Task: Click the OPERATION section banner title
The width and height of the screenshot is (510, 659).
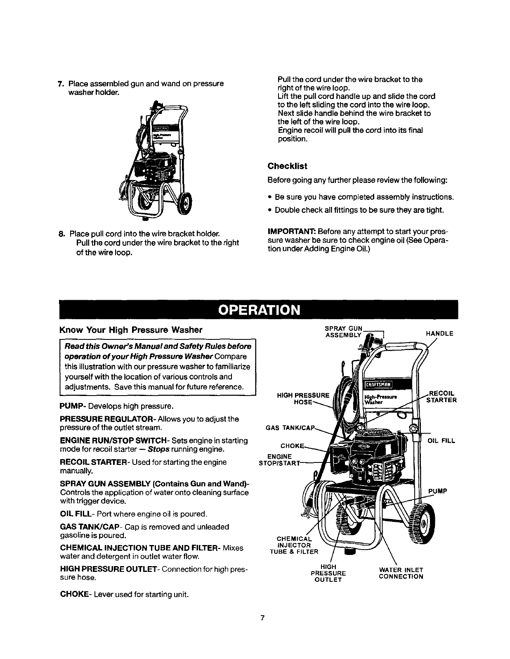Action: pos(259,310)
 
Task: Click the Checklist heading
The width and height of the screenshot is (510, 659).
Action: pos(287,166)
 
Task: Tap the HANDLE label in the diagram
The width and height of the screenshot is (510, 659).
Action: pos(439,333)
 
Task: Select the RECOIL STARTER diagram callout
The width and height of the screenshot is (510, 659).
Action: pos(442,397)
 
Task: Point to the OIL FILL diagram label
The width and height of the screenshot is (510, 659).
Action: pos(441,441)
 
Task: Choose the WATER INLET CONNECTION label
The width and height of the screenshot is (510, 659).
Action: pos(401,574)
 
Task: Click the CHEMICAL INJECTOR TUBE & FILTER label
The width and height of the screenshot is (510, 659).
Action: pos(294,545)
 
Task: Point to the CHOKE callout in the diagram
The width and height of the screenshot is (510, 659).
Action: pos(292,446)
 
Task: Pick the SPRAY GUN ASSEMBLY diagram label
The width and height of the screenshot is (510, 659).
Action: pos(343,332)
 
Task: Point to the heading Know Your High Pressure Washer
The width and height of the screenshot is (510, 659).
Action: pos(131,330)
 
